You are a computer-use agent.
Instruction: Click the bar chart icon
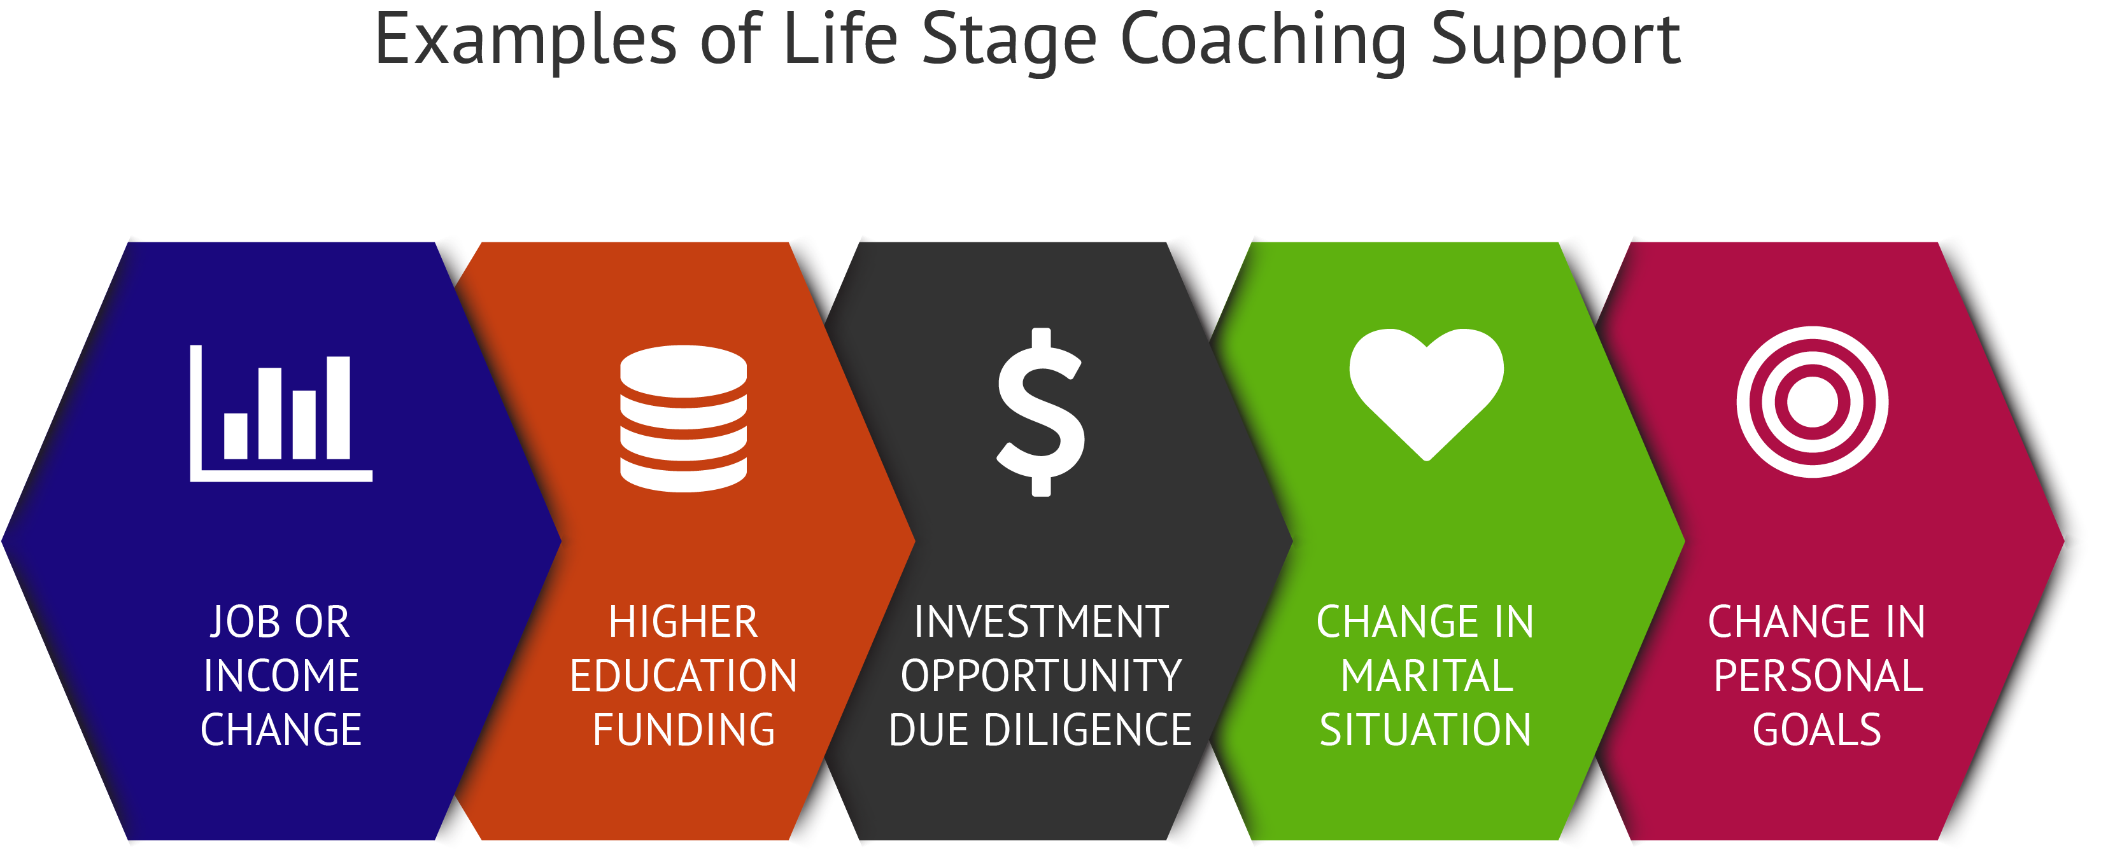coord(281,414)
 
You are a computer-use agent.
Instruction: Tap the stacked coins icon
coord(684,418)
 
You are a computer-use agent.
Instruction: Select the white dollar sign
coord(1041,412)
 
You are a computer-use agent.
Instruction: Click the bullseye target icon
coord(1813,402)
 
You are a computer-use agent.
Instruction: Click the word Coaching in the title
coord(1263,41)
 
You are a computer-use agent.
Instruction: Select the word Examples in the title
coord(525,41)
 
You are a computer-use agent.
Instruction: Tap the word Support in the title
coord(1555,41)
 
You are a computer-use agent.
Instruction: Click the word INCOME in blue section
coord(281,676)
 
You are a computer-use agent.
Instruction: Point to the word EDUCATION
coord(684,676)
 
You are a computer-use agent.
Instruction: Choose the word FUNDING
coord(684,730)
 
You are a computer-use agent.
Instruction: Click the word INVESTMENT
coord(1041,622)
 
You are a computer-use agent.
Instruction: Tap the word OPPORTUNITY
coord(1041,676)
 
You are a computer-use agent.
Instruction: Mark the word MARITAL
coord(1427,676)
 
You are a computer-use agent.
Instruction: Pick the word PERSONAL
coord(1818,676)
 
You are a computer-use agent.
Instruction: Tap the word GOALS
coord(1817,730)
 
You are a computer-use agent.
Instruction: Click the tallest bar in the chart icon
coord(339,408)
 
